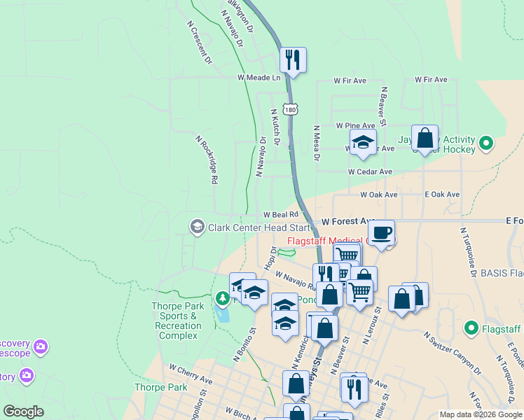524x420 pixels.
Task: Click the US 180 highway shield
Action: [291, 110]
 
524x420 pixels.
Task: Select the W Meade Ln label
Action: [258, 77]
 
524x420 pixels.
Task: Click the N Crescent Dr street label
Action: [199, 42]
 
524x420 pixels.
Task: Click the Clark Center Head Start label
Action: [260, 227]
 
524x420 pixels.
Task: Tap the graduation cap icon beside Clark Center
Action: [197, 225]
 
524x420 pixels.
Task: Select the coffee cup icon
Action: [381, 232]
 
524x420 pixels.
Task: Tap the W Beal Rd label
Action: [281, 215]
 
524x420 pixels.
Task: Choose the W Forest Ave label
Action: [348, 221]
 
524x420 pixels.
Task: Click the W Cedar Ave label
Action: [370, 171]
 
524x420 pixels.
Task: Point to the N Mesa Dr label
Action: [317, 143]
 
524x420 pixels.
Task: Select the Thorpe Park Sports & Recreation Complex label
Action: [178, 321]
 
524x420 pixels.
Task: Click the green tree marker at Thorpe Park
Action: [223, 300]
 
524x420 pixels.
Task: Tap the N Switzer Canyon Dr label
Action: [452, 353]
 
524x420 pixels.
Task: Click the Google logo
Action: [24, 412]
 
